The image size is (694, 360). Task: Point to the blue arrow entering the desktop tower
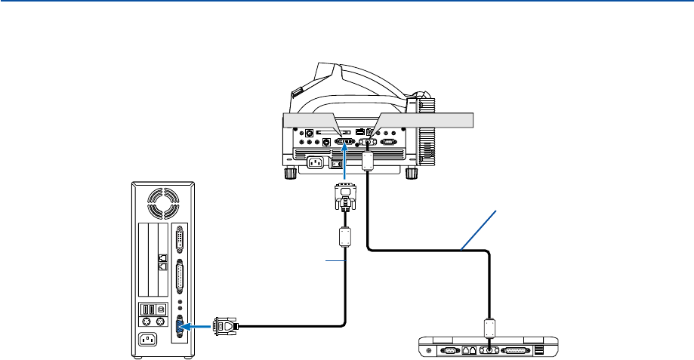[197, 327]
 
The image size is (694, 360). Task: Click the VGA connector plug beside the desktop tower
[225, 327]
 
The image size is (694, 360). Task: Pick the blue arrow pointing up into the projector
[345, 160]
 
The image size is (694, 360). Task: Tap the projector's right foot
[412, 173]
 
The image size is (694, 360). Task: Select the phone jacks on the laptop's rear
[470, 350]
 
